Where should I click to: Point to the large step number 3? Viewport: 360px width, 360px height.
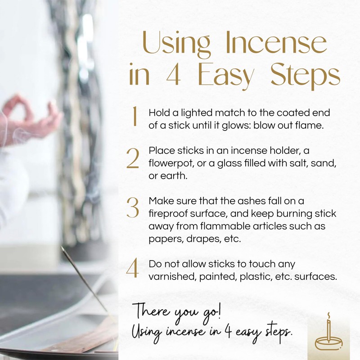coord(133,208)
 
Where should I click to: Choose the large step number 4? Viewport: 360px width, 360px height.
coord(133,269)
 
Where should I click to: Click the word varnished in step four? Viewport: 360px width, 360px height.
coord(169,277)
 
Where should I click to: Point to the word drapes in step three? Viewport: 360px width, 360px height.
coord(199,239)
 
